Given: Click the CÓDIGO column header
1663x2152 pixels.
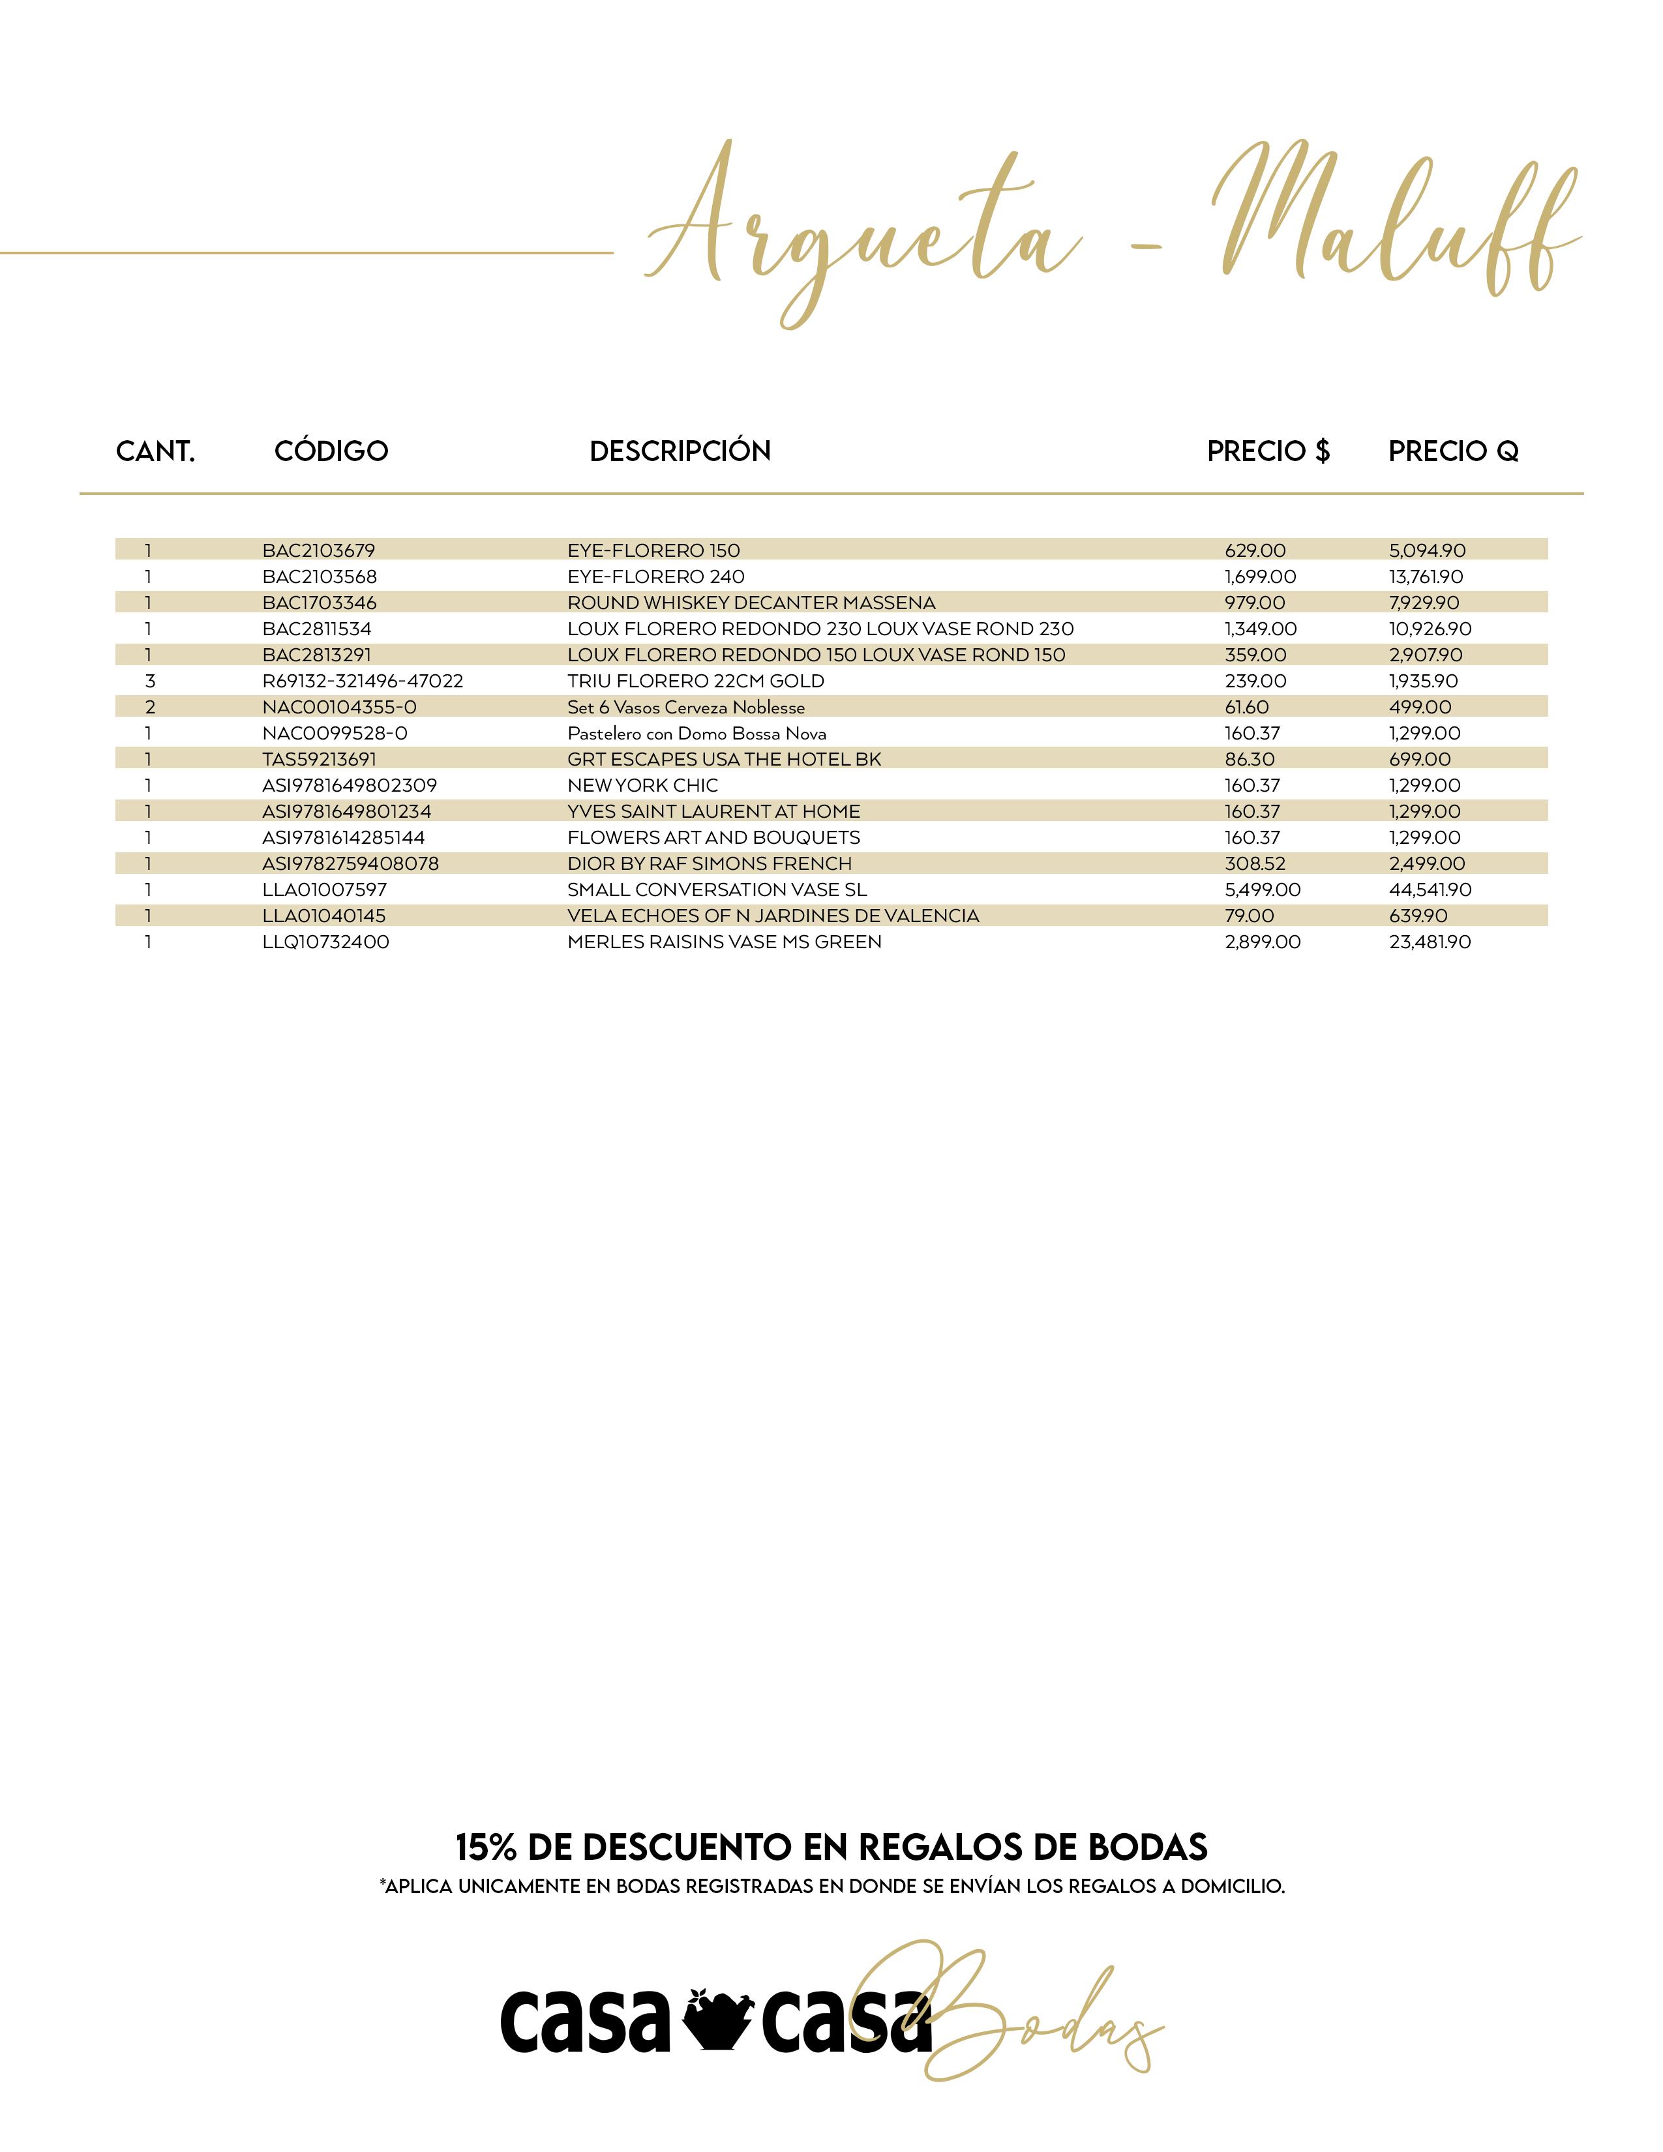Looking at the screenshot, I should tap(331, 451).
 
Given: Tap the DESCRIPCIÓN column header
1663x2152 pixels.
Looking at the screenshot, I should tap(680, 451).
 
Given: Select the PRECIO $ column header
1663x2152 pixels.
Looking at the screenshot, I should tap(1268, 451).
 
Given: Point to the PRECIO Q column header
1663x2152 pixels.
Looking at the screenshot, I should tap(1453, 451).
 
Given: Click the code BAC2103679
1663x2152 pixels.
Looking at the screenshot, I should tap(318, 550).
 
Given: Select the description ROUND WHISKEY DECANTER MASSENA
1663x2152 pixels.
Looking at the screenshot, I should tap(751, 602).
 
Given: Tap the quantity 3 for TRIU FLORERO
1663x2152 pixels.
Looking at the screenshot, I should tap(150, 681).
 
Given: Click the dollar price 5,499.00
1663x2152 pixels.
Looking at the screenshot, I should tap(1262, 889).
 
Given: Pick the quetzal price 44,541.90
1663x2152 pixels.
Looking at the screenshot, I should tap(1430, 889).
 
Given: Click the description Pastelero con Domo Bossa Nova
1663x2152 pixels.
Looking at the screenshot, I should tap(697, 733).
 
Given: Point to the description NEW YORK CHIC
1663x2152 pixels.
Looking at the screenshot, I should tap(642, 785).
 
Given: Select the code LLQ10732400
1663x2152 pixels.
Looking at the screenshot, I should tap(325, 942).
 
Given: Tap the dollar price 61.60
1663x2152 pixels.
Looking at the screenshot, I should tap(1246, 706).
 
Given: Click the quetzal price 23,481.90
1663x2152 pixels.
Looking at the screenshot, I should tap(1430, 942).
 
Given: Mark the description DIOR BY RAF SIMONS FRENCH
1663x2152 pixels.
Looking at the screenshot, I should tap(710, 863).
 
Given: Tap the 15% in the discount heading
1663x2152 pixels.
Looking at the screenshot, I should tap(487, 1847).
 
